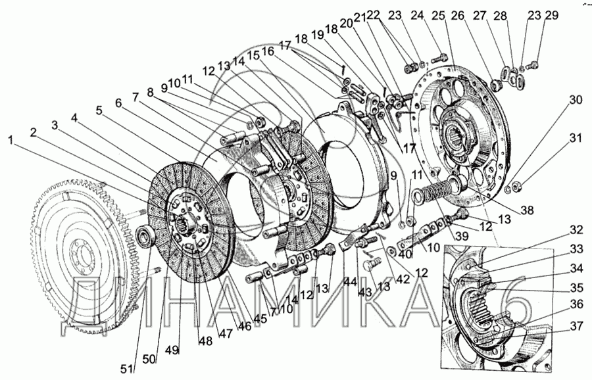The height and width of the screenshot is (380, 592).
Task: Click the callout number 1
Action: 11,141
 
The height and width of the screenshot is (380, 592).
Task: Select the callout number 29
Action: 551,16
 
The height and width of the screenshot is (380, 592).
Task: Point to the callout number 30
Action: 576,100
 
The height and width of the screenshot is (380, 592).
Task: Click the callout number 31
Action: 576,138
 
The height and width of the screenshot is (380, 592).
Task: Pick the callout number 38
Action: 527,210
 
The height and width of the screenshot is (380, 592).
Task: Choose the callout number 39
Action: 461,236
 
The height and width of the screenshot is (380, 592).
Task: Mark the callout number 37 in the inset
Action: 576,325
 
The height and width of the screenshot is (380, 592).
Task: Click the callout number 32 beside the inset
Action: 576,241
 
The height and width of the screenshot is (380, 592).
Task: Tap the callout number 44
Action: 349,281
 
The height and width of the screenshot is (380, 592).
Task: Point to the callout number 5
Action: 99,110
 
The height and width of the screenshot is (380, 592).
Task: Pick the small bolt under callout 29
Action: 531,66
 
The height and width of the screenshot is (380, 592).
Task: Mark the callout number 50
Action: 149,358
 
